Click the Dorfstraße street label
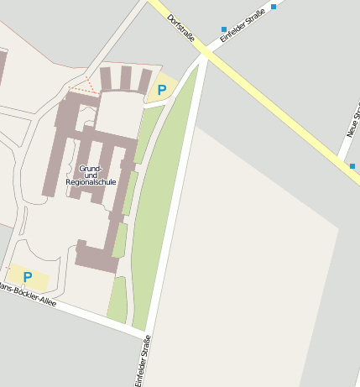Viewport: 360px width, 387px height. point(181,28)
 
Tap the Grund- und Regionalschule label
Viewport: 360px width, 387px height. point(91,175)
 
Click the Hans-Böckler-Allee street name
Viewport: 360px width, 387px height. point(29,295)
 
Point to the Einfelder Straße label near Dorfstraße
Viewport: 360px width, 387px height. point(243,25)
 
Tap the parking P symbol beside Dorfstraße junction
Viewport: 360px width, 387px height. point(162,89)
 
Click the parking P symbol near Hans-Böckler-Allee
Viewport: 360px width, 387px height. point(28,276)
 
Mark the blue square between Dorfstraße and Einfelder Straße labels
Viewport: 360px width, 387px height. point(223,29)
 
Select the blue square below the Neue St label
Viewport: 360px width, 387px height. point(352,166)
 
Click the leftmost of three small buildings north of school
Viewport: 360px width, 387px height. point(106,79)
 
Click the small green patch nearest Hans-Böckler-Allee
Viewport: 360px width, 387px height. point(117,301)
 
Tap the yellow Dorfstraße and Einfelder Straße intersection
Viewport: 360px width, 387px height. point(206,52)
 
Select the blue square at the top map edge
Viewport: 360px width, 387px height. point(274,7)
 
